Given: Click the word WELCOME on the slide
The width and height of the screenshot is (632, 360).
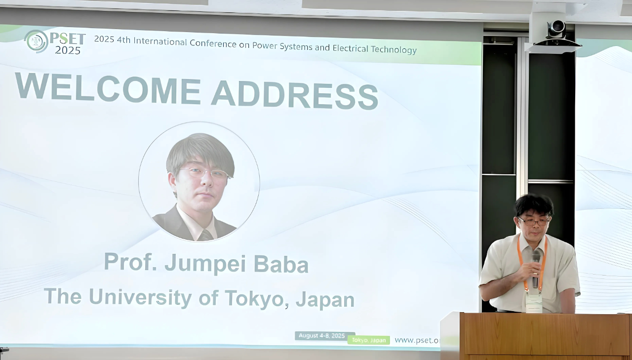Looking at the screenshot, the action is coord(108,88).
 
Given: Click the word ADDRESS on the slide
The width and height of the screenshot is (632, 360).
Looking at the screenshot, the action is coord(295,94).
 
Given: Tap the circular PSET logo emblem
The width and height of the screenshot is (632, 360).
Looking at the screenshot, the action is coord(37,41).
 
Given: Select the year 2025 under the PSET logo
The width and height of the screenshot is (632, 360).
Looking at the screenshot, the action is coord(68,50).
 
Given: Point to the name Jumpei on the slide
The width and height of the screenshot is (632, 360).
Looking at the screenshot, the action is coord(205,264).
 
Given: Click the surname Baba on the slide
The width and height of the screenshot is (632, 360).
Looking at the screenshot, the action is coord(281,264).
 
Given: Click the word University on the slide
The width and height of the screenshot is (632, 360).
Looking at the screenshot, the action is coord(140,297).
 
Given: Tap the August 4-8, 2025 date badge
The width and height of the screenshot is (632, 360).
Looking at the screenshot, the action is coord(322,336).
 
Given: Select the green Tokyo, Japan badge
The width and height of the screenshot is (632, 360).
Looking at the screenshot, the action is coord(369,340).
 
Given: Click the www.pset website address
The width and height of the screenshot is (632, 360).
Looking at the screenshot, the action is coord(417,340).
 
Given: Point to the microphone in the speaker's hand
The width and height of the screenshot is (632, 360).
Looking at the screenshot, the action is coord(536,268).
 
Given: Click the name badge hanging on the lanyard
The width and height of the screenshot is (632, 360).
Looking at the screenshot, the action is coord(534,302).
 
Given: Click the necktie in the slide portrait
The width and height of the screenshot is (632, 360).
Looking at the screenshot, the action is coord(205,235).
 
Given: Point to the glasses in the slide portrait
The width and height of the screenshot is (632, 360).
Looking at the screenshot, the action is coord(204,173).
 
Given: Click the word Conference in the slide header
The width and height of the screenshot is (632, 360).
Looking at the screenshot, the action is coord(213,43).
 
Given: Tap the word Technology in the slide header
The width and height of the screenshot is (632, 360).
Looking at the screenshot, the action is coord(394,49).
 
